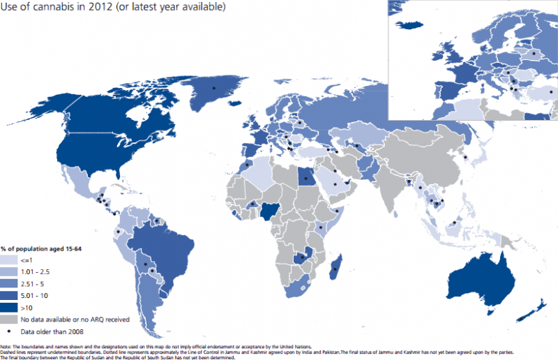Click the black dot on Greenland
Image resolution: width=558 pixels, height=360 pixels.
pos(214,87)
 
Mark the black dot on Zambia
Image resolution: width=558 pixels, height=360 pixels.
pos(302,257)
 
